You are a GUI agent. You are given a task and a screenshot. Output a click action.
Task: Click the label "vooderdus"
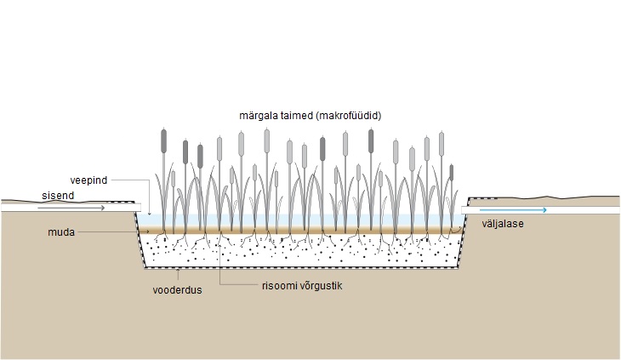tap(176, 288)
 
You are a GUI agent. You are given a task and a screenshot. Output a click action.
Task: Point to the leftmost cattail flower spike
tap(164, 141)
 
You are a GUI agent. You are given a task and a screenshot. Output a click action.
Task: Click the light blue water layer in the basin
tap(298, 220)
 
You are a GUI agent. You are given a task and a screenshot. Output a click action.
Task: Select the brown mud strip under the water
tap(298, 230)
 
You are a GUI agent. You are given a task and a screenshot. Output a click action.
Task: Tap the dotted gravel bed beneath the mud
tap(298, 251)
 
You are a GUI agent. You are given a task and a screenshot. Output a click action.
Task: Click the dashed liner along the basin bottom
tap(298, 267)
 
